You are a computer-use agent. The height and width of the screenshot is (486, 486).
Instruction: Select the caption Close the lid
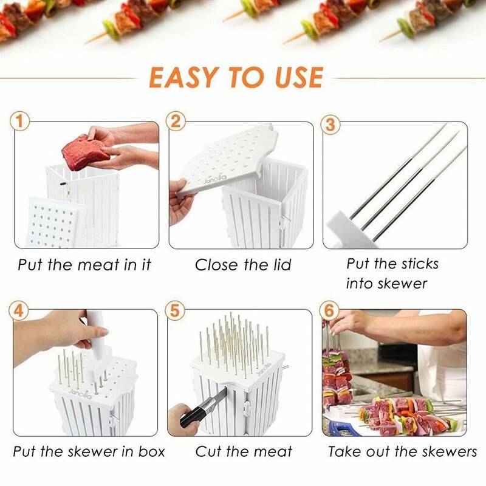(x=243, y=265)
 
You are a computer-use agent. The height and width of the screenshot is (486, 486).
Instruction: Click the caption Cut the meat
(x=244, y=451)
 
